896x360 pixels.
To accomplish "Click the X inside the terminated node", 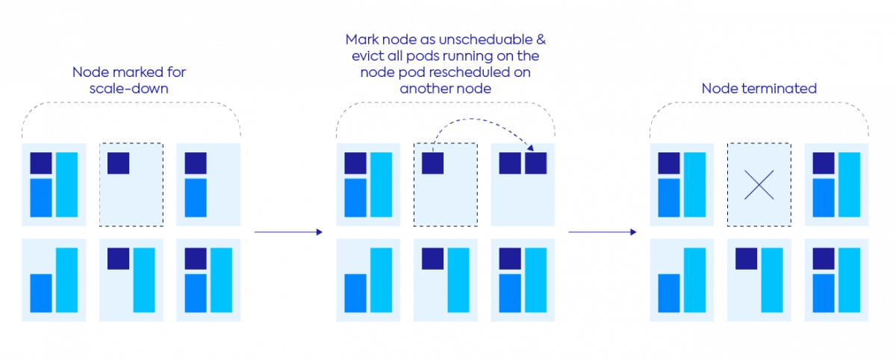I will [759, 184].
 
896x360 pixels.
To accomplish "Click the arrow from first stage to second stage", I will [288, 232].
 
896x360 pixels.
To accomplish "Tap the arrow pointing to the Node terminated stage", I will [602, 232].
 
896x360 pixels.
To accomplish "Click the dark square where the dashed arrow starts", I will [433, 163].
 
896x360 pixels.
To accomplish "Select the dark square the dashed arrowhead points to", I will [535, 163].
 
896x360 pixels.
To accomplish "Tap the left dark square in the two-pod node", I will [510, 163].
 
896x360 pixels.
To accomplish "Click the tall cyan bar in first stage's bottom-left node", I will [66, 280].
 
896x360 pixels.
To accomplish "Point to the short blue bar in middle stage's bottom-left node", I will [355, 293].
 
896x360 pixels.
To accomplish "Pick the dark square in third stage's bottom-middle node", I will [746, 258].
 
